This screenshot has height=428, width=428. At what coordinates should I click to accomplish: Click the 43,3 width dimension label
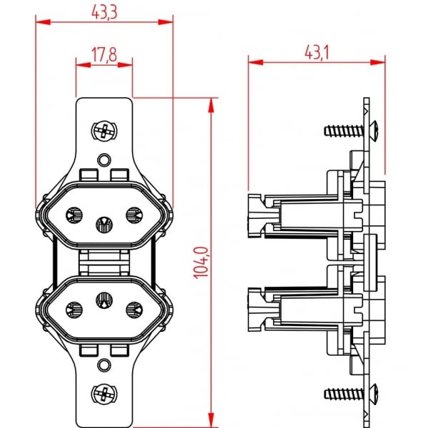105,11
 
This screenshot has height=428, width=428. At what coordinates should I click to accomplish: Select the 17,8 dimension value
104,54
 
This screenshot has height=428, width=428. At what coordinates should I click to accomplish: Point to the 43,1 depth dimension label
317,52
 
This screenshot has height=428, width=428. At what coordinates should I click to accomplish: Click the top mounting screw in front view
104,131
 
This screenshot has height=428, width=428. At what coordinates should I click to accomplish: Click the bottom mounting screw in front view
104,394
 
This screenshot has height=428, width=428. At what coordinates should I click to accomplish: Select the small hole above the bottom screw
104,366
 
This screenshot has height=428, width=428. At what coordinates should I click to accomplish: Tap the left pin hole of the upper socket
74,214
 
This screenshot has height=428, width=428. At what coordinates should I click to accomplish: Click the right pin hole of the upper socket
133,214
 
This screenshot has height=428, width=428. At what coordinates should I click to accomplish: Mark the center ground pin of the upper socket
104,225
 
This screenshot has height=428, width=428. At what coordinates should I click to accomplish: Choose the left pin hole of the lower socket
74,310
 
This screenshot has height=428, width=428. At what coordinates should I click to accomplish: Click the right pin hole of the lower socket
133,310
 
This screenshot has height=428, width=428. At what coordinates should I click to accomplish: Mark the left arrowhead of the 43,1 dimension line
254,63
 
